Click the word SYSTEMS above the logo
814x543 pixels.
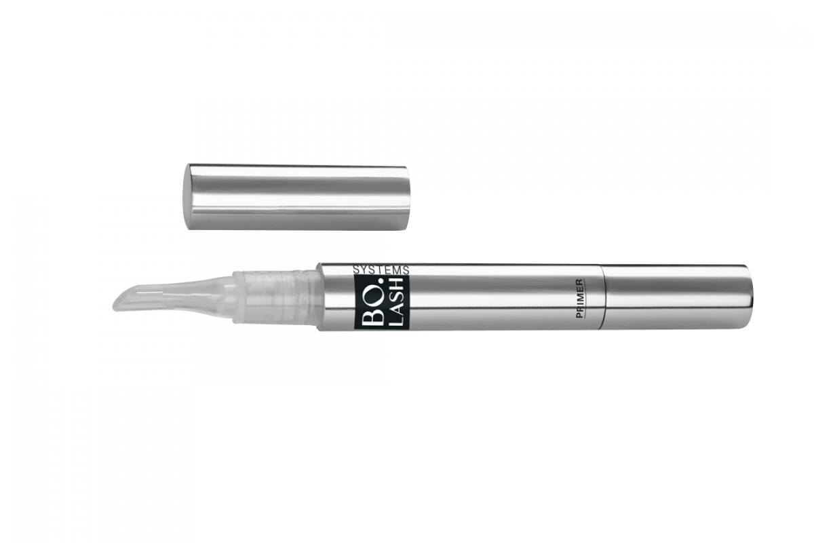(381, 269)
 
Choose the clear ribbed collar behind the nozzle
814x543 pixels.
(275, 297)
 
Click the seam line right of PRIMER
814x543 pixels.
(602, 297)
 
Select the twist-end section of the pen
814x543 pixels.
(675, 297)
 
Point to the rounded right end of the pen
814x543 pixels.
(751, 297)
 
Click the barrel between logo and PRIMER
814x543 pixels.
(488, 297)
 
